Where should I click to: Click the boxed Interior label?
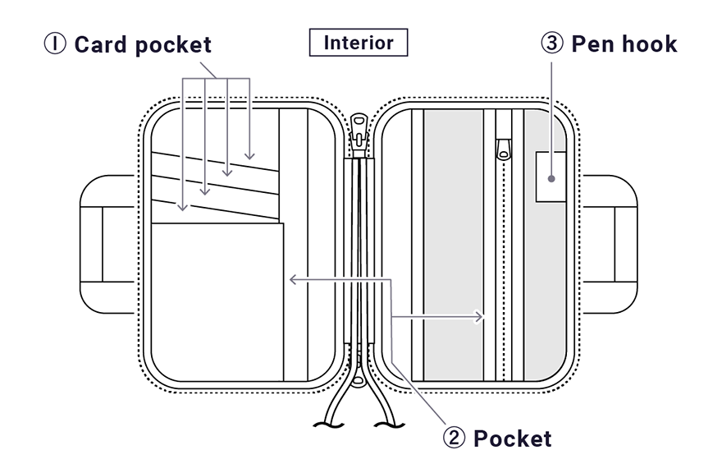pyautogui.click(x=358, y=43)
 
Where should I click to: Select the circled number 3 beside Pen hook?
pyautogui.click(x=551, y=44)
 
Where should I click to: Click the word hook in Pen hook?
pyautogui.click(x=646, y=44)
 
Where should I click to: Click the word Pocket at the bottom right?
pyautogui.click(x=513, y=438)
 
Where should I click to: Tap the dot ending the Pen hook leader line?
pyautogui.click(x=552, y=177)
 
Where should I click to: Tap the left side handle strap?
pyautogui.click(x=107, y=244)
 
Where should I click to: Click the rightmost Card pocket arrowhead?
pyautogui.click(x=249, y=156)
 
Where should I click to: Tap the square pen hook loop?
pyautogui.click(x=552, y=177)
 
